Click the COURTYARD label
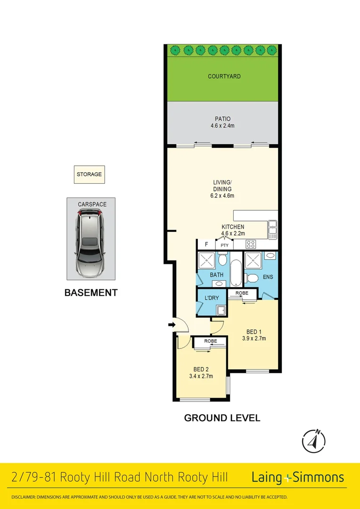(x=224, y=76)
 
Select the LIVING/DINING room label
(x=222, y=185)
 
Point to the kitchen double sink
(x=272, y=229)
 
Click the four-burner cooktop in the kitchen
(x=251, y=245)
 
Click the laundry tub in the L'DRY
(x=220, y=310)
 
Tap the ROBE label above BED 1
(x=242, y=293)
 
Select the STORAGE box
(x=89, y=174)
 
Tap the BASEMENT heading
(x=90, y=293)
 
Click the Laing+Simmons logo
(x=297, y=477)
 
